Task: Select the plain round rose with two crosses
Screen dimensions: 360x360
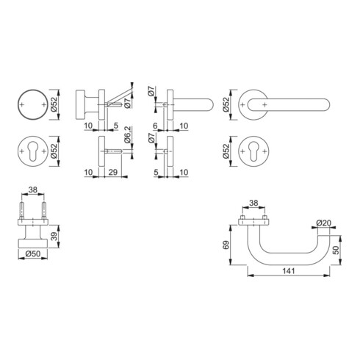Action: pos(31,107)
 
